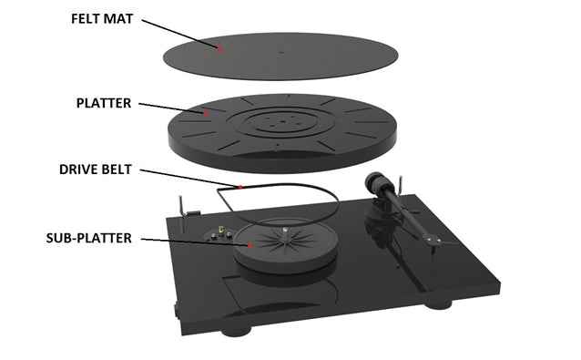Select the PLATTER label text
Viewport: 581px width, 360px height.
click(104, 103)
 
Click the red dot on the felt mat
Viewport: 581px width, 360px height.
click(219, 45)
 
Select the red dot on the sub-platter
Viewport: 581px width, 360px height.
click(250, 244)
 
